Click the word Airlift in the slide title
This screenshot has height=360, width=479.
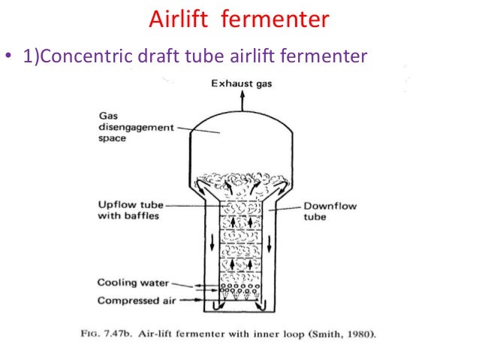click(176, 19)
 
